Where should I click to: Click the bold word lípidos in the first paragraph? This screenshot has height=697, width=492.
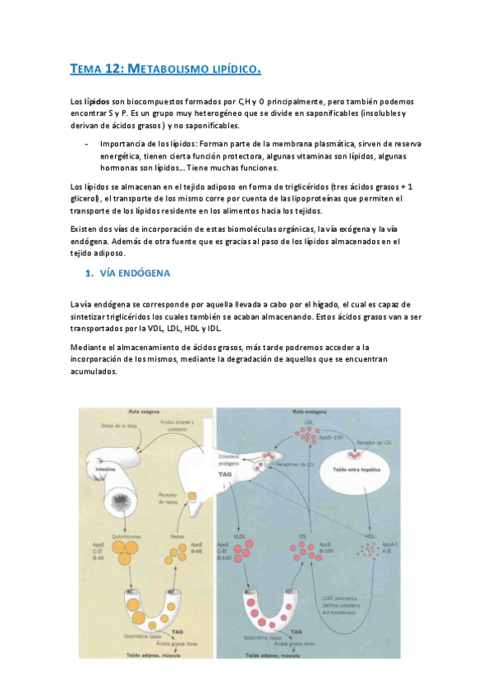pyautogui.click(x=97, y=100)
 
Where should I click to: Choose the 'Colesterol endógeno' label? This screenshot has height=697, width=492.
pyautogui.click(x=232, y=458)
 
